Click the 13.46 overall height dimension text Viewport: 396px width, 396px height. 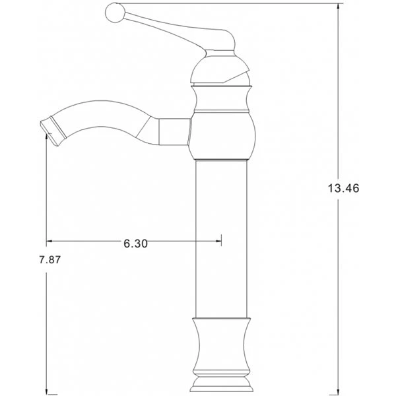[x=343, y=188]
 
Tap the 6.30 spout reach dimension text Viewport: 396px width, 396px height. [x=135, y=244]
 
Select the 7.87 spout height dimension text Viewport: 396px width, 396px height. [x=50, y=259]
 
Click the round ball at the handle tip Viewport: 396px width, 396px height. [x=115, y=13]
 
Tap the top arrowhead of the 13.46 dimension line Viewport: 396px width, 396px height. [x=338, y=7]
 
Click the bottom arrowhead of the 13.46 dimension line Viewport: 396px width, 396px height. [x=338, y=391]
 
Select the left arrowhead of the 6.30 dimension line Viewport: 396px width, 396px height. [x=49, y=241]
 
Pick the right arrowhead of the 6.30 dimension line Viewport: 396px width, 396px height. [x=218, y=241]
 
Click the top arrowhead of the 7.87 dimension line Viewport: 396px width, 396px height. [x=46, y=137]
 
